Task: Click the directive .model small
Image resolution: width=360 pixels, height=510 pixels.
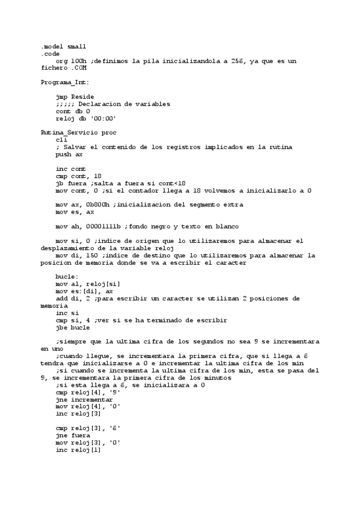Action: [63, 46]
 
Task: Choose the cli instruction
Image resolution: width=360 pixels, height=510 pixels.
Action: [61, 140]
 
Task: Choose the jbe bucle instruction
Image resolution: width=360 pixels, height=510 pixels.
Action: [73, 327]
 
